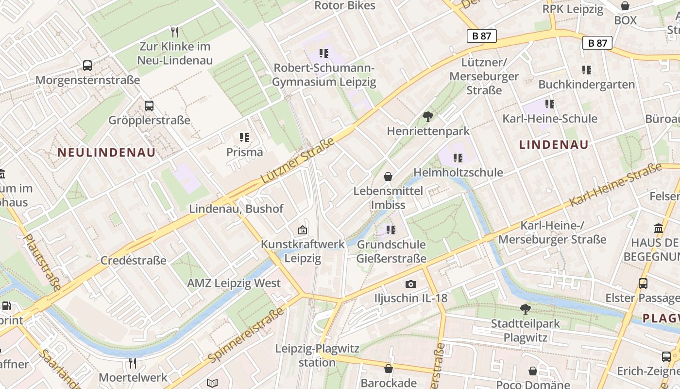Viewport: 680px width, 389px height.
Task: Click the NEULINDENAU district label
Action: [x=107, y=152]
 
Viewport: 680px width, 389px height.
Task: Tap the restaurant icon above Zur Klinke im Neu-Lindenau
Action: [x=175, y=32]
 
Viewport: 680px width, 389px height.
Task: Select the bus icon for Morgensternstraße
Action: [x=87, y=66]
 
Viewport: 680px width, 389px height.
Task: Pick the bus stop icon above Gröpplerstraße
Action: [x=149, y=106]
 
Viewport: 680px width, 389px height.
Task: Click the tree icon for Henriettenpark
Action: [x=428, y=117]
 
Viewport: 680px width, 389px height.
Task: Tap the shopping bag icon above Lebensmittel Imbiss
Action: [x=388, y=176]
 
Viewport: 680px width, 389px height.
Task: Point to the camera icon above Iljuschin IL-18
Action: [x=411, y=284]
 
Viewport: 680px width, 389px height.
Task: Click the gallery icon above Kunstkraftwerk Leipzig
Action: [x=303, y=230]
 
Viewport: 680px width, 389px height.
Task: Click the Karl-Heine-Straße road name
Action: [x=615, y=185]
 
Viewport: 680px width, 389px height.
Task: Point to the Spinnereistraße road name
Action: [x=246, y=335]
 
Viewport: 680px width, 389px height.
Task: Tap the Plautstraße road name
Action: [x=42, y=263]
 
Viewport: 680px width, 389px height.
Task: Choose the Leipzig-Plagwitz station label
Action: [x=317, y=355]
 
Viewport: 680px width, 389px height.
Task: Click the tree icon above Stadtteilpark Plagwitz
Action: [x=525, y=309]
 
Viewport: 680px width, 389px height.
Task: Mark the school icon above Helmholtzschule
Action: [x=458, y=158]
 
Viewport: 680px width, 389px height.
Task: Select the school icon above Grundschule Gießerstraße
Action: [x=391, y=230]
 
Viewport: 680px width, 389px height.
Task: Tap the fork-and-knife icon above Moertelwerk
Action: [x=133, y=363]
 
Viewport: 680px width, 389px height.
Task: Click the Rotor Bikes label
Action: [x=345, y=6]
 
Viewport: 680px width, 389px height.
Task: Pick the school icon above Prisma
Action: [x=244, y=138]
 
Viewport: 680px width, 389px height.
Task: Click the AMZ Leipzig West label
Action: [x=234, y=283]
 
